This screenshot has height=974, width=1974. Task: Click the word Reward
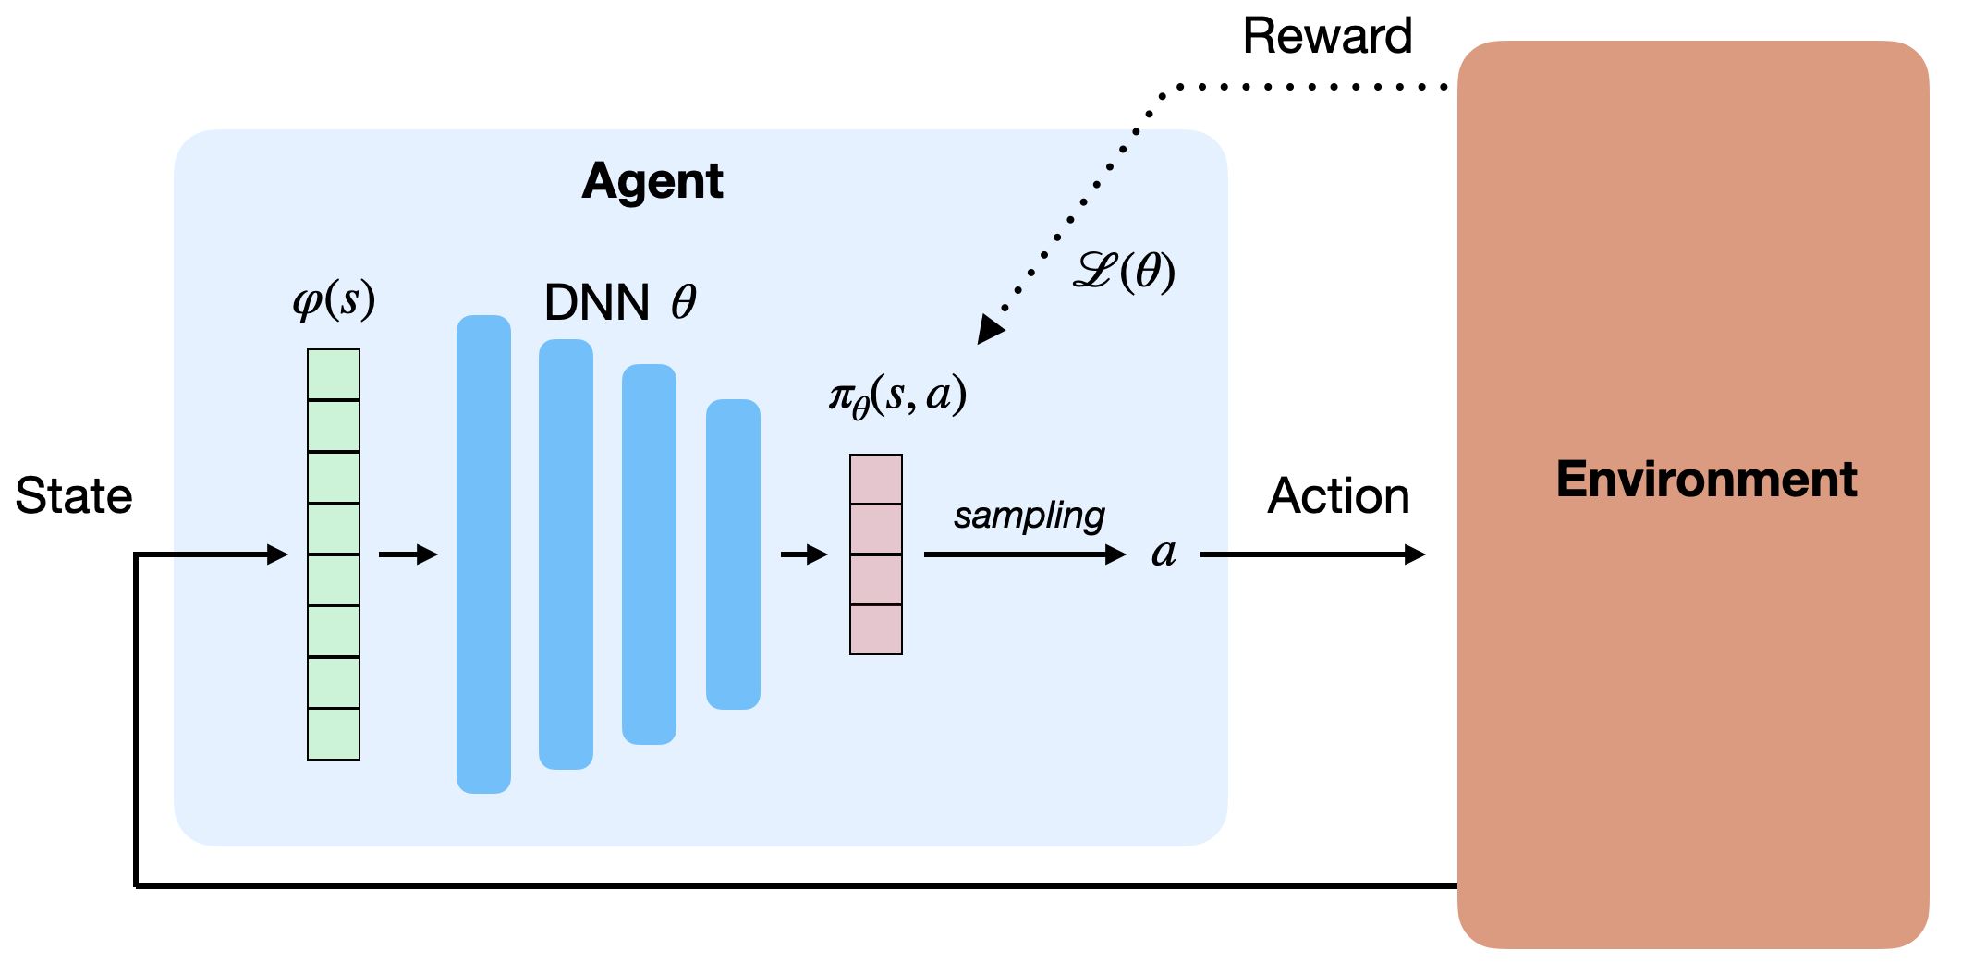point(1327,37)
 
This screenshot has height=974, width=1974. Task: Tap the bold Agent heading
point(652,182)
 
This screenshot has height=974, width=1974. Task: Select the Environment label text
point(1706,480)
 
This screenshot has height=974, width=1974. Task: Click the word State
point(74,496)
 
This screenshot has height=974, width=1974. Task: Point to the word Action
point(1338,496)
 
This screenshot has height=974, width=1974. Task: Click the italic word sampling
point(1029,516)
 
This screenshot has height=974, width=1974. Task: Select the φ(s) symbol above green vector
point(334,299)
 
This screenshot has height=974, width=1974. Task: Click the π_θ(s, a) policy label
point(897,396)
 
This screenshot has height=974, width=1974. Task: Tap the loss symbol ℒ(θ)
point(1124,272)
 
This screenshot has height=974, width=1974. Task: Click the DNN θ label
point(620,302)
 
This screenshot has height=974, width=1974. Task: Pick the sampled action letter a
point(1164,553)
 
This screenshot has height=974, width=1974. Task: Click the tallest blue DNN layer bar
point(483,554)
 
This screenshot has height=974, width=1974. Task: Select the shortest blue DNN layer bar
point(733,554)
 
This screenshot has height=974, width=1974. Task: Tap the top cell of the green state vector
point(334,374)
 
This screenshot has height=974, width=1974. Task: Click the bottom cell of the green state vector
point(334,735)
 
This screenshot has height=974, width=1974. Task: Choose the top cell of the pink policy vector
point(876,479)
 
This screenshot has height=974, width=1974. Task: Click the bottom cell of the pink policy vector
point(876,630)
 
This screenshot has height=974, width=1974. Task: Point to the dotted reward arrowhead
point(991,329)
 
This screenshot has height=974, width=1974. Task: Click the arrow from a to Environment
point(1313,554)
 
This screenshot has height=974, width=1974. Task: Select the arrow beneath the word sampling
point(1025,554)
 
